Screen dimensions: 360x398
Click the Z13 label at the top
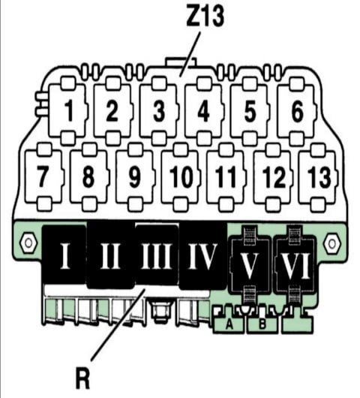[x=205, y=16]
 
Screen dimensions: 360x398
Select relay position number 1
[x=68, y=111]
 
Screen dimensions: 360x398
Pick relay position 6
[x=297, y=111]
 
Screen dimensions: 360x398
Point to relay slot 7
[x=43, y=176]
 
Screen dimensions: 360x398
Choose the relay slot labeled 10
[x=181, y=176]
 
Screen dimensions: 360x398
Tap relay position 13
[x=318, y=176]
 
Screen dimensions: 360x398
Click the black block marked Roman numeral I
[x=64, y=255]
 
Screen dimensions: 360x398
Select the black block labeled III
[x=156, y=255]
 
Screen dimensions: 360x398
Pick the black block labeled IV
[x=202, y=255]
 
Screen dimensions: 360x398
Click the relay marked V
[x=250, y=264]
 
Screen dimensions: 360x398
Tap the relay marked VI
[x=295, y=264]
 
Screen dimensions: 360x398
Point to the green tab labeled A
[x=229, y=323]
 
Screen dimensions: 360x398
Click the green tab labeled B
[x=262, y=324]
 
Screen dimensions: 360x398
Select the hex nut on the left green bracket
[x=28, y=243]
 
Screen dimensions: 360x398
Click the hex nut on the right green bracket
[x=331, y=243]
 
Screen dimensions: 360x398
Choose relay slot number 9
[x=135, y=176]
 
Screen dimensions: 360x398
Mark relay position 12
[x=273, y=176]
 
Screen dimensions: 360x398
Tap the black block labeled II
[x=110, y=255]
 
